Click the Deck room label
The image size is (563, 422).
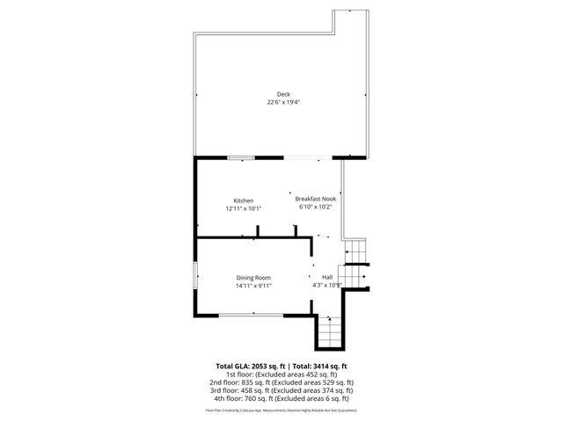[x=283, y=94]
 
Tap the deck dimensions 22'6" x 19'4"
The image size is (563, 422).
[x=283, y=102]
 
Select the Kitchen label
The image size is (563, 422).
[x=243, y=200]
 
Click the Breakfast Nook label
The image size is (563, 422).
[x=315, y=199]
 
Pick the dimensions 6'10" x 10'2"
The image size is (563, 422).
[x=317, y=208]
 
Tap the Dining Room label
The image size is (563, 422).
[x=252, y=278]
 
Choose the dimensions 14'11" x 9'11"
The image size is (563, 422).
[x=253, y=286]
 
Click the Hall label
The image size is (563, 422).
[x=326, y=277]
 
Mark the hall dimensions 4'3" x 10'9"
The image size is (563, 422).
[x=326, y=285]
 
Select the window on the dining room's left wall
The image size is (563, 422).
[x=195, y=276]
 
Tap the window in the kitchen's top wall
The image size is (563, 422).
[x=240, y=158]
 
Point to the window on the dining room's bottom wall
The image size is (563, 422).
[x=250, y=315]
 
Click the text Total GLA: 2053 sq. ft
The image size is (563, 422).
[x=251, y=366]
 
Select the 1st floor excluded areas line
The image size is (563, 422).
[x=281, y=375]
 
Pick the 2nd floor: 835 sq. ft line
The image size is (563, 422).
[x=281, y=382]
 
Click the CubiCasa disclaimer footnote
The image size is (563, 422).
[x=281, y=410]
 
